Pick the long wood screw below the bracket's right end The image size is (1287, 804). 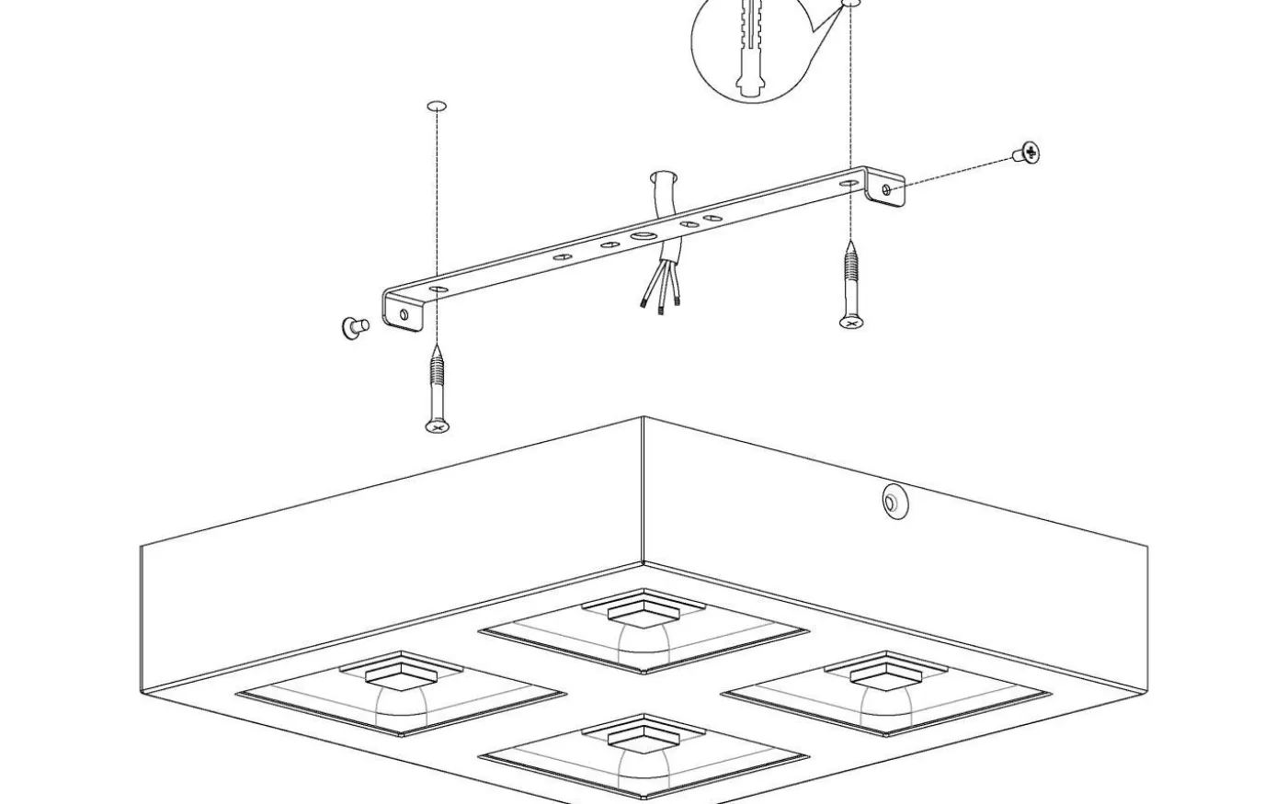click(851, 285)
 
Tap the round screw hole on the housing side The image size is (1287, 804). click(891, 501)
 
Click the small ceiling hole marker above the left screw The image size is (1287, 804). click(438, 107)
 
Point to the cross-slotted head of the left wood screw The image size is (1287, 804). click(438, 425)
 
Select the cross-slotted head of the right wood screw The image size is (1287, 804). click(851, 323)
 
